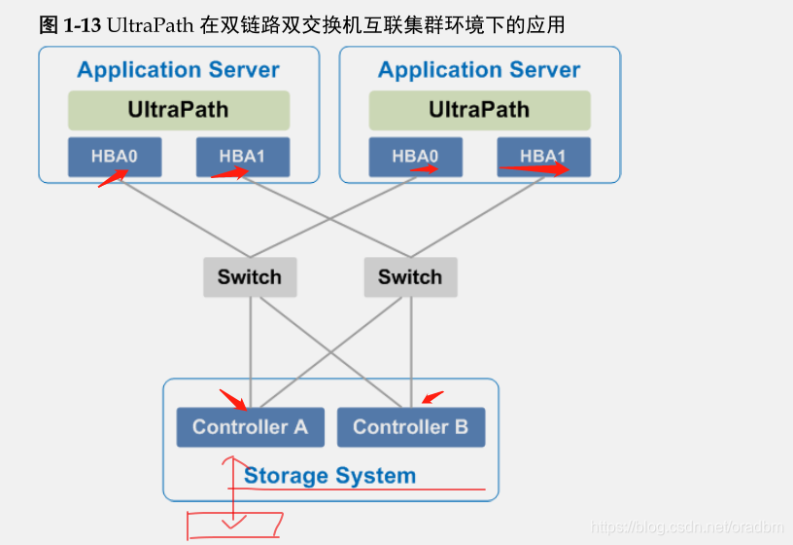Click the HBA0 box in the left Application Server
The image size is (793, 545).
click(x=115, y=157)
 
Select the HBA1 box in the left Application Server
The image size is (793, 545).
click(x=242, y=157)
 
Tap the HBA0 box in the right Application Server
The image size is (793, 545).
click(x=415, y=157)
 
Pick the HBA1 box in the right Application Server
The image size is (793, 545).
click(x=543, y=157)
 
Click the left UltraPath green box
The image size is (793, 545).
click(x=179, y=110)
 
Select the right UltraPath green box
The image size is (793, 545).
click(x=479, y=110)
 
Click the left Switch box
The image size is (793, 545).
click(x=250, y=277)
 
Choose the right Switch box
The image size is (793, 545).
click(x=410, y=277)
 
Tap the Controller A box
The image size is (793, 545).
click(x=250, y=427)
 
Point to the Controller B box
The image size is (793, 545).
click(x=410, y=427)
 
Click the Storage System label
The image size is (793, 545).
click(x=329, y=476)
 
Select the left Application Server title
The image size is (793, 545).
click(x=178, y=70)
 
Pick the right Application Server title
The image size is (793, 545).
click(x=479, y=70)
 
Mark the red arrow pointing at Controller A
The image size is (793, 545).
click(x=233, y=399)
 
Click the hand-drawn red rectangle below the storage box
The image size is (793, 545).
click(x=234, y=525)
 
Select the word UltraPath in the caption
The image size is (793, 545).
click(x=152, y=25)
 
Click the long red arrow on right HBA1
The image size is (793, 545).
click(x=534, y=168)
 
